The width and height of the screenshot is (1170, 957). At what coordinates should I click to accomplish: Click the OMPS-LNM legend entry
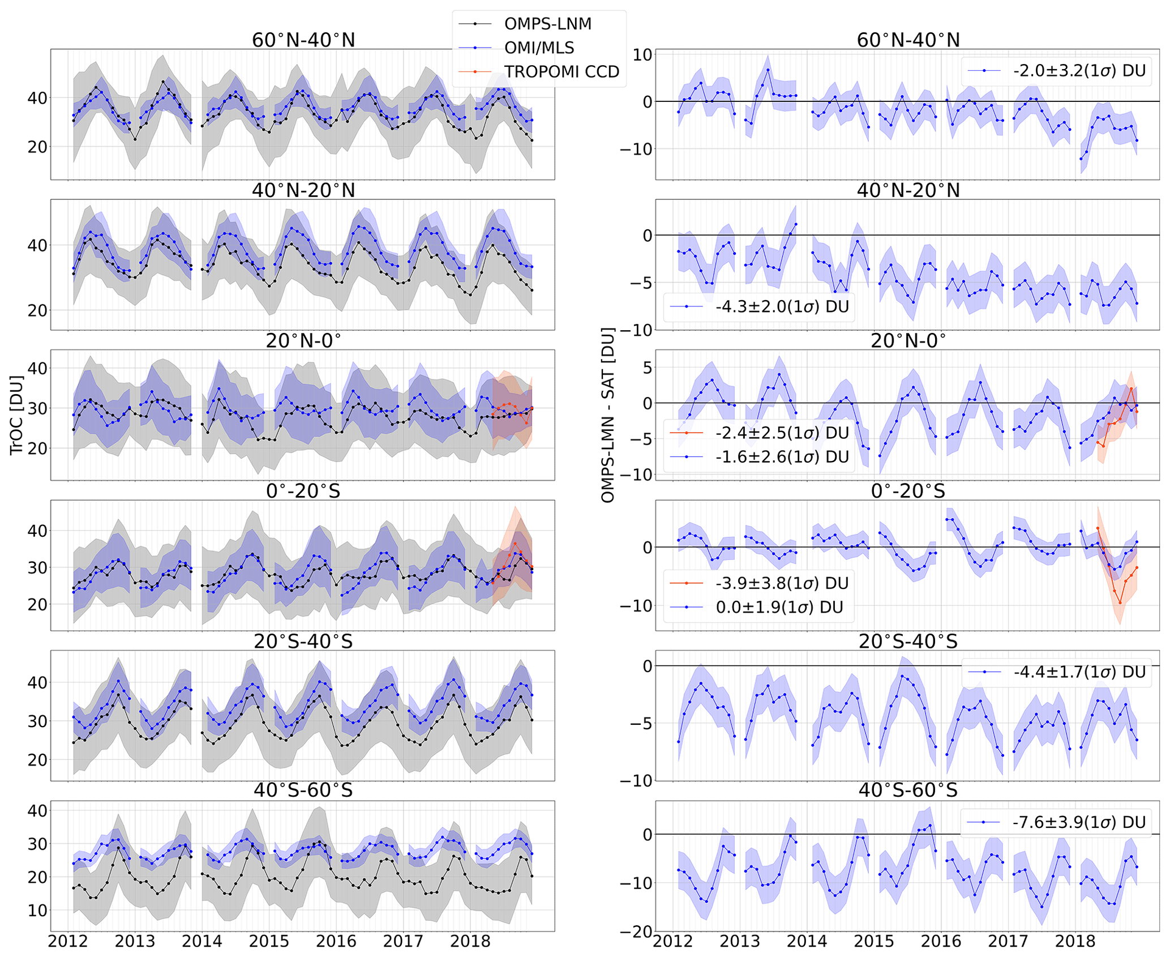(x=547, y=24)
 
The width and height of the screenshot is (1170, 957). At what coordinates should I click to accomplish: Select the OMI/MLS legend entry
(x=539, y=48)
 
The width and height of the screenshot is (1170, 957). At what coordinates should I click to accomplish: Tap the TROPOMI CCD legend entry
(x=562, y=72)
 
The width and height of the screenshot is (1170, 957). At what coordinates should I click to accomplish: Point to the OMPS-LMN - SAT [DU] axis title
(x=607, y=415)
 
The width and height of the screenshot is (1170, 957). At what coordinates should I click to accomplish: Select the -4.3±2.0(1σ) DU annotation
(x=782, y=307)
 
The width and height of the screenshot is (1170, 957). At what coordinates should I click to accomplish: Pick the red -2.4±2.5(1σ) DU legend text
(x=782, y=433)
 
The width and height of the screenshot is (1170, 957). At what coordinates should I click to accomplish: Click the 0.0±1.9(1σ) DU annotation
(x=779, y=608)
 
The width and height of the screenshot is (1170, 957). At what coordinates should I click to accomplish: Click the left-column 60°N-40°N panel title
(x=303, y=40)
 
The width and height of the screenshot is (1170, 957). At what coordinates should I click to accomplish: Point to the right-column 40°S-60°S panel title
(x=908, y=791)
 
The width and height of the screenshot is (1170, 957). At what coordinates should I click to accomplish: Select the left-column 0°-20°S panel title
(x=303, y=491)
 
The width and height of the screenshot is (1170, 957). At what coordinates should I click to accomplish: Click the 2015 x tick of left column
(x=269, y=942)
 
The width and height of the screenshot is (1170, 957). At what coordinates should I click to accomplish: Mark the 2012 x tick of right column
(x=672, y=942)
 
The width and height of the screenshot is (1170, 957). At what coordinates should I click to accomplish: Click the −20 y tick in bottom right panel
(x=636, y=932)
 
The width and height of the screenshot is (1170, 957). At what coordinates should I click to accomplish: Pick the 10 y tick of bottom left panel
(x=37, y=911)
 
